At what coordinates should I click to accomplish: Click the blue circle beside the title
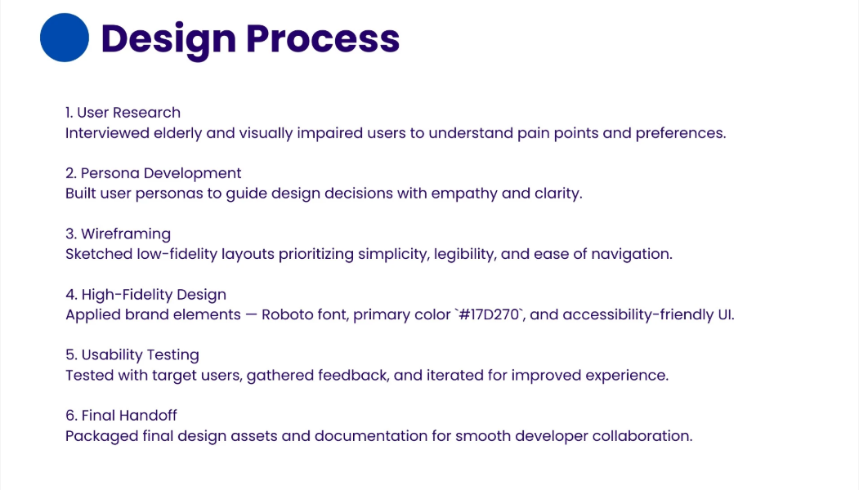point(64,38)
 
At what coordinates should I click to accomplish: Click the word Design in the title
point(168,39)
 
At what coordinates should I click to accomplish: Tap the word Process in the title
point(323,39)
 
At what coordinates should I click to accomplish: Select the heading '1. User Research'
point(123,112)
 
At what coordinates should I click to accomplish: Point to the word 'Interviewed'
point(107,133)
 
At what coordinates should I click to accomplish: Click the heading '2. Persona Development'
point(154,173)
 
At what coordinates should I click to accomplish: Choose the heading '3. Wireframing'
point(118,234)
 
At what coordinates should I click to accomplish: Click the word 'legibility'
point(465,254)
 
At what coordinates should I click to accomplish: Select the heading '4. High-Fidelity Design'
point(145,295)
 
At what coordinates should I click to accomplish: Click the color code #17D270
point(490,314)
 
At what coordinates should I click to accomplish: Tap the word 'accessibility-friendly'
point(638,314)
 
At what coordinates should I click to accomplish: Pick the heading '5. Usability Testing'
point(132,354)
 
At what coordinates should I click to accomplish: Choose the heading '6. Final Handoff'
point(121,416)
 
